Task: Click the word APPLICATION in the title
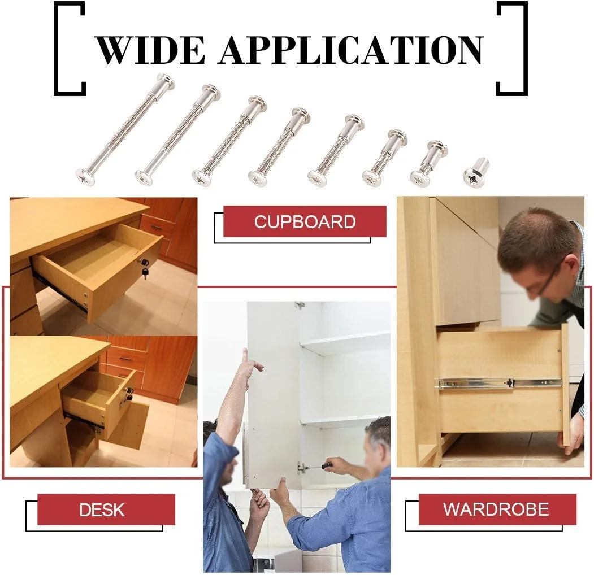point(351,50)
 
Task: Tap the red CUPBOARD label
point(305,221)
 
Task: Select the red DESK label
point(106,509)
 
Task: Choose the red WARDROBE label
point(497,509)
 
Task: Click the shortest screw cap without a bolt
point(476,172)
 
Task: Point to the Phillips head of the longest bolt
point(85,177)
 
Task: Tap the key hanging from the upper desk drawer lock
point(144,272)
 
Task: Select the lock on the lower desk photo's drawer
point(129,393)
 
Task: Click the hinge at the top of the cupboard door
point(300,304)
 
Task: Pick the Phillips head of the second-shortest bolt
point(420,177)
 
